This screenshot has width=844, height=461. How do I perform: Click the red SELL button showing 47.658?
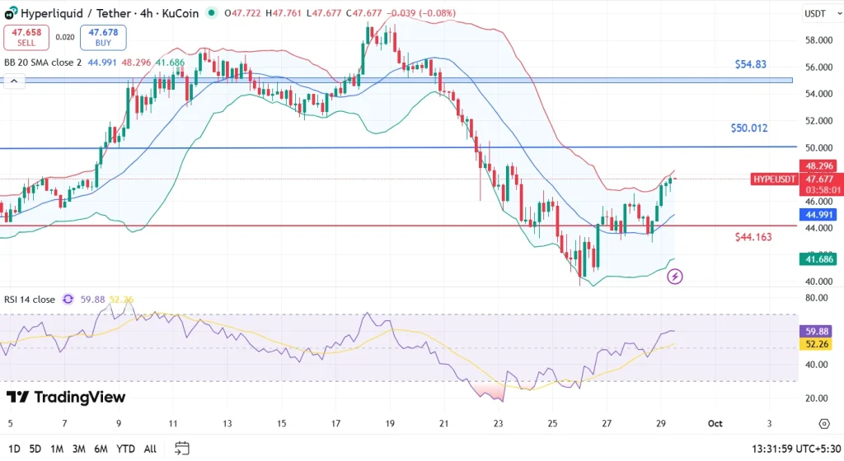(26, 36)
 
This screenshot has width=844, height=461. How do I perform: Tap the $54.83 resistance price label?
(751, 64)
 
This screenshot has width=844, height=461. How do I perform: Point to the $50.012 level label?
(749, 128)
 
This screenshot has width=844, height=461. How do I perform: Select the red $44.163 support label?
(753, 236)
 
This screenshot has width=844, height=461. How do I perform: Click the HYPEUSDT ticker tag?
(775, 179)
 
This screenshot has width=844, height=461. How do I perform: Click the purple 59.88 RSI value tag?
(819, 331)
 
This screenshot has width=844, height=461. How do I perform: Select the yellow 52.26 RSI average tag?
(819, 345)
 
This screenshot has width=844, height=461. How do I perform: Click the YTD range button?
(126, 448)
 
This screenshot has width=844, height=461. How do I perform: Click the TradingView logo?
(66, 398)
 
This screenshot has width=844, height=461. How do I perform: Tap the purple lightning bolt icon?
(674, 277)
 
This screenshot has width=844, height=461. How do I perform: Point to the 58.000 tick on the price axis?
(819, 40)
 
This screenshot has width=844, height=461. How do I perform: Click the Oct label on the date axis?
(715, 423)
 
